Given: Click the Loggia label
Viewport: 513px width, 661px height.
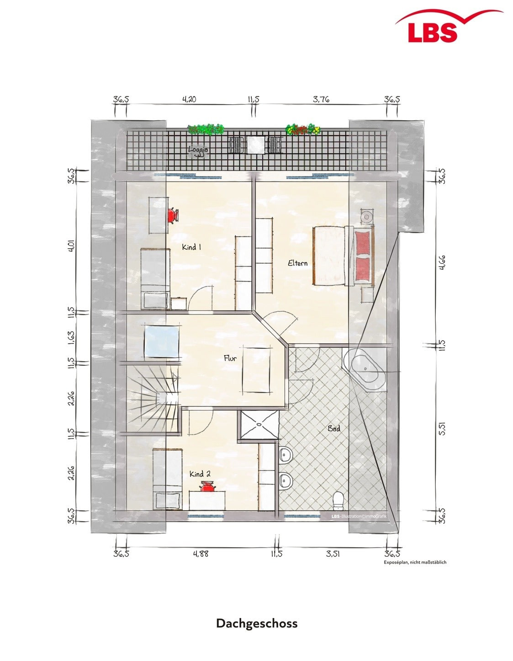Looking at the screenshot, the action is pos(198,150).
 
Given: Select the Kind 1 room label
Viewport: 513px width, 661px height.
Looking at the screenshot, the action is pos(191,247).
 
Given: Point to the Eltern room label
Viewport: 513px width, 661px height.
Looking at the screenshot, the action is pos(297,263).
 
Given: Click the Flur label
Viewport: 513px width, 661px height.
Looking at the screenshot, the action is pos(230,358).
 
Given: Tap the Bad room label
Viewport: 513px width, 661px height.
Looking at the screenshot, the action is pos(333,429).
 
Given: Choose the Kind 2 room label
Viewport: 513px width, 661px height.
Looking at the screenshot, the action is pos(200,474).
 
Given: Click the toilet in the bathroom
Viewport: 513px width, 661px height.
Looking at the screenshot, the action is pos(338,501).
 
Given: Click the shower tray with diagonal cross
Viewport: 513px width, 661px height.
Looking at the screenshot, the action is pos(259,424).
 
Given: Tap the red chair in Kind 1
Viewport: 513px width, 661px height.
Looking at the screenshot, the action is pos(173,216).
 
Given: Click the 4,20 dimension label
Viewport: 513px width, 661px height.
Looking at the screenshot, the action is pos(189,100).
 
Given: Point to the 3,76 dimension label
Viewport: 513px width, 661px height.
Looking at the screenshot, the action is pos(321,100).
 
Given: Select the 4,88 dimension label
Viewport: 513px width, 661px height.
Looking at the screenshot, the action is pos(201,554).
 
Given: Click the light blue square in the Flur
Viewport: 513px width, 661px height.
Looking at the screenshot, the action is pos(161,341).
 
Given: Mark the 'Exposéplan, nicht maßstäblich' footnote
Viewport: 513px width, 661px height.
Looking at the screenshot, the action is pos(415,562).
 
